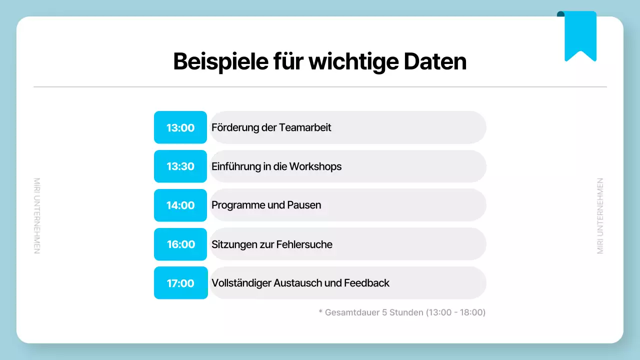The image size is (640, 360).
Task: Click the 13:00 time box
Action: tap(180, 127)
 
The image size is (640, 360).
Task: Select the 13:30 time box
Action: tap(180, 166)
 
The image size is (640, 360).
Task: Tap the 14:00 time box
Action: tap(180, 205)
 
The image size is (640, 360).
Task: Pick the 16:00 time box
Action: tap(180, 244)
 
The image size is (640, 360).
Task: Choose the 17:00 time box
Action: tap(180, 283)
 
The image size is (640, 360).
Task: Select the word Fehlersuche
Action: tap(304, 244)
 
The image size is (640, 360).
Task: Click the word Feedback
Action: tap(366, 283)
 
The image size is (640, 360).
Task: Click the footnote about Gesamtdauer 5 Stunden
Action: tap(402, 312)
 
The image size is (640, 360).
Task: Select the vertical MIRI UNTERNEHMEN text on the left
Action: tap(37, 216)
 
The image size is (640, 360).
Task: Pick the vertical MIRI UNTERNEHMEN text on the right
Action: tap(600, 216)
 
